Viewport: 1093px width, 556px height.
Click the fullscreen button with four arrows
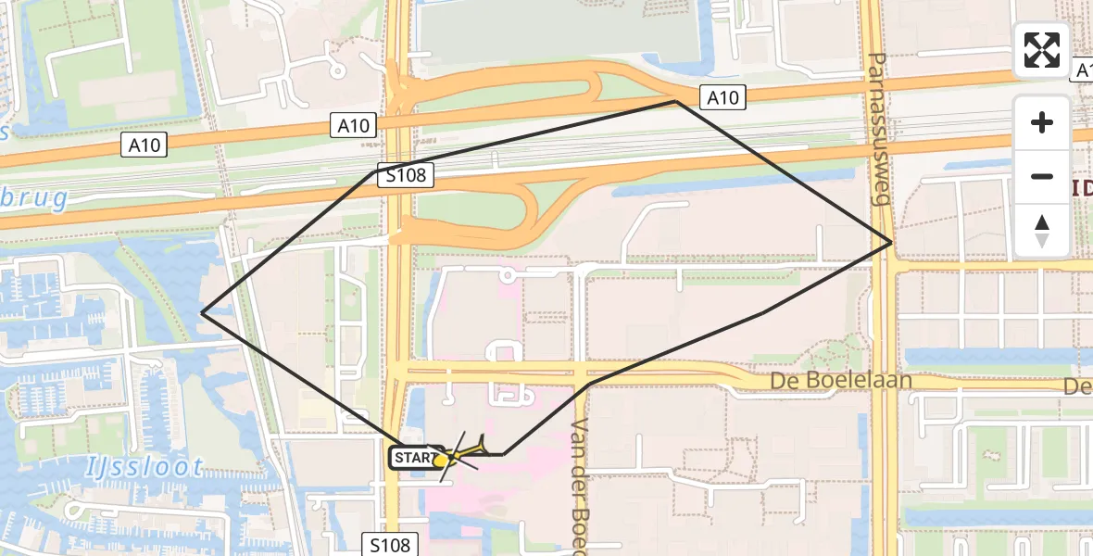pos(1042,50)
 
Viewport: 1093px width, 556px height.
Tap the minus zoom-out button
pos(1042,176)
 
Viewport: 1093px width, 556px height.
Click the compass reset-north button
pos(1042,231)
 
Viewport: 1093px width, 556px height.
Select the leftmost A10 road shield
pos(144,145)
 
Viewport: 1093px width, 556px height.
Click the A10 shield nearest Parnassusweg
pos(722,97)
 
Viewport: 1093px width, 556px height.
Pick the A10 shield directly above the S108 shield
pos(354,126)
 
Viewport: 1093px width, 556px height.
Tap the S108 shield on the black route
pos(406,176)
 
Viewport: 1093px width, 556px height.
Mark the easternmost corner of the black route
pos(891,242)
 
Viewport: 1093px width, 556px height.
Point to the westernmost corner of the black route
pos(202,312)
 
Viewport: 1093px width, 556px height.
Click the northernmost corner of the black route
pos(677,101)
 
